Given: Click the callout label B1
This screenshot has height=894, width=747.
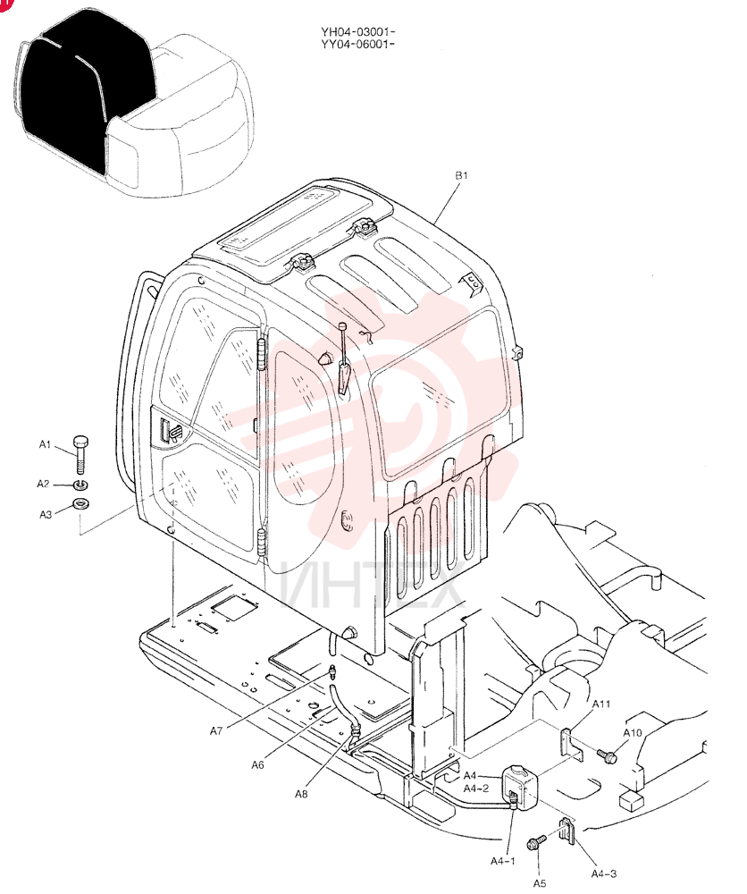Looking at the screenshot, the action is [x=461, y=175].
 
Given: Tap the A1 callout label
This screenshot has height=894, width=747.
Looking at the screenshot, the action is [x=45, y=444].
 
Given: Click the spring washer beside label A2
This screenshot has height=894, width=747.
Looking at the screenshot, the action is [x=80, y=485].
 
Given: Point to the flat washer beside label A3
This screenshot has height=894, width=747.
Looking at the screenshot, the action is [x=80, y=504].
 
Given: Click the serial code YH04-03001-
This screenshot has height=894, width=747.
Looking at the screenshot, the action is [x=357, y=32].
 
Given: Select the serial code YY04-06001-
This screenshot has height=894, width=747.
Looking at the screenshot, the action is [x=357, y=44].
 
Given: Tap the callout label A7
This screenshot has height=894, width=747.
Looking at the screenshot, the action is [x=216, y=731].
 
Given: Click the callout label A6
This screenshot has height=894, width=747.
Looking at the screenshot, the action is [x=257, y=764].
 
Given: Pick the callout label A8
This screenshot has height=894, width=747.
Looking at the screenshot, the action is [x=301, y=794].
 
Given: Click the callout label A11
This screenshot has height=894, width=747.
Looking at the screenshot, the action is [x=601, y=704].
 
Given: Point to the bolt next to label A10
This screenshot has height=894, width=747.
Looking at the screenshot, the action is [x=607, y=756].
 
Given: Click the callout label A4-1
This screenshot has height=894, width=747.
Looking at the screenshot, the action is [x=502, y=861].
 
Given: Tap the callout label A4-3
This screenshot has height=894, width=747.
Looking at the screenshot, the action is [x=603, y=873].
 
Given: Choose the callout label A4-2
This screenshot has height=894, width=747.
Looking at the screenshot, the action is [x=475, y=789].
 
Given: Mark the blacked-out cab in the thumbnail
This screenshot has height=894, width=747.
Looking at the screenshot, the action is [x=86, y=91].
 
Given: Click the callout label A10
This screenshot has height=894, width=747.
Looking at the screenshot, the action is [x=633, y=733].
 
